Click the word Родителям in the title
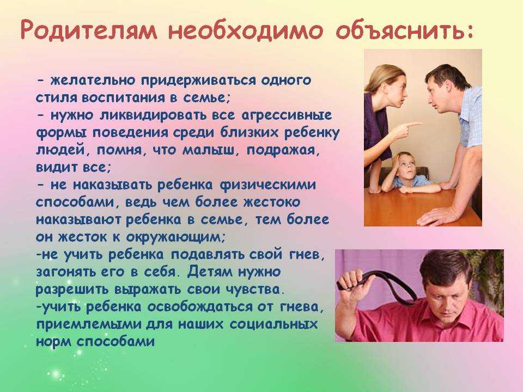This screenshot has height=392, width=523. [x=89, y=30]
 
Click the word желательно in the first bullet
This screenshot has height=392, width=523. [x=93, y=81]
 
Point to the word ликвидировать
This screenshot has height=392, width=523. [x=153, y=115]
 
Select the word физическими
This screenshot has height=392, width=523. [x=267, y=185]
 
